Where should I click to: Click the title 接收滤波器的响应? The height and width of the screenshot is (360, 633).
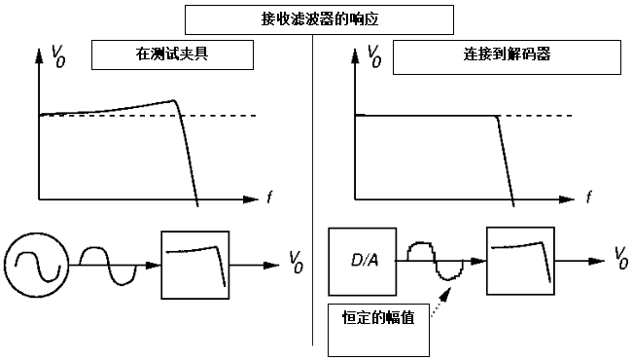tap(319, 19)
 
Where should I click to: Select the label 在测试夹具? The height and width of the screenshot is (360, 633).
tap(172, 54)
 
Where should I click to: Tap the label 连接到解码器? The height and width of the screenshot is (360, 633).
tap(507, 54)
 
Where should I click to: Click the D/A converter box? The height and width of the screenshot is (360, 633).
tap(362, 262)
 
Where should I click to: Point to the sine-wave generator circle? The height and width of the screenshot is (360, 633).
tap(37, 265)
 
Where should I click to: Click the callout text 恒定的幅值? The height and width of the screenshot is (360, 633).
tap(378, 317)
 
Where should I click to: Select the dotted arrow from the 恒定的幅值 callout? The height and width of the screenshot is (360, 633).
tap(441, 302)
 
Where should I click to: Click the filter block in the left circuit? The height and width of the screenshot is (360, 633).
tap(195, 265)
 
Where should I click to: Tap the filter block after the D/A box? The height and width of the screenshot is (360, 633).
tap(520, 261)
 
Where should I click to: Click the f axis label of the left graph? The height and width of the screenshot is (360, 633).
tap(269, 198)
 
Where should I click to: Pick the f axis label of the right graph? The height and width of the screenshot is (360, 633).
tap(589, 198)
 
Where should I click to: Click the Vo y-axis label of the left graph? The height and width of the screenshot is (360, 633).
tap(58, 56)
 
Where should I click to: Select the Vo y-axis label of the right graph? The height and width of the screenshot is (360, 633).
tap(374, 56)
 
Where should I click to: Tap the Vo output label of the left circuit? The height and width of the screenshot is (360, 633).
tap(297, 262)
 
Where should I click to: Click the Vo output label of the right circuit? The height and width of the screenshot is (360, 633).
tap(621, 258)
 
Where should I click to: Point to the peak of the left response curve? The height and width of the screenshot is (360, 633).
tap(174, 100)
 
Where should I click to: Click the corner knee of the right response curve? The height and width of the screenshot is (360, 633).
tap(497, 116)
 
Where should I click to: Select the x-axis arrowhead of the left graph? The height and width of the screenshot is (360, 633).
tap(251, 199)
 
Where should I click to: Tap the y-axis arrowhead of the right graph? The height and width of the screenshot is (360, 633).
tap(356, 55)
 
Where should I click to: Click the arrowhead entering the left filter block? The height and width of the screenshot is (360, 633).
tap(154, 265)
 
